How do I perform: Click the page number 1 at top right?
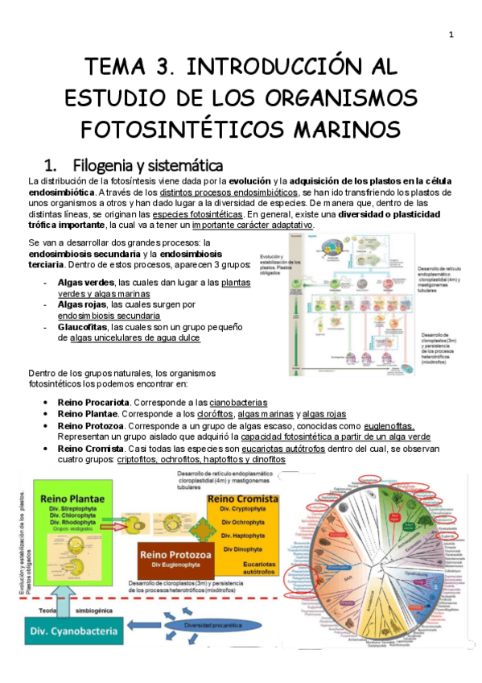(x=451, y=34)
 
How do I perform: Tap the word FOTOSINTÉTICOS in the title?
(x=176, y=128)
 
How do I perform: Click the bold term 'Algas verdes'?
(x=86, y=283)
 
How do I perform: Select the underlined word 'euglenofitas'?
(x=386, y=425)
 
